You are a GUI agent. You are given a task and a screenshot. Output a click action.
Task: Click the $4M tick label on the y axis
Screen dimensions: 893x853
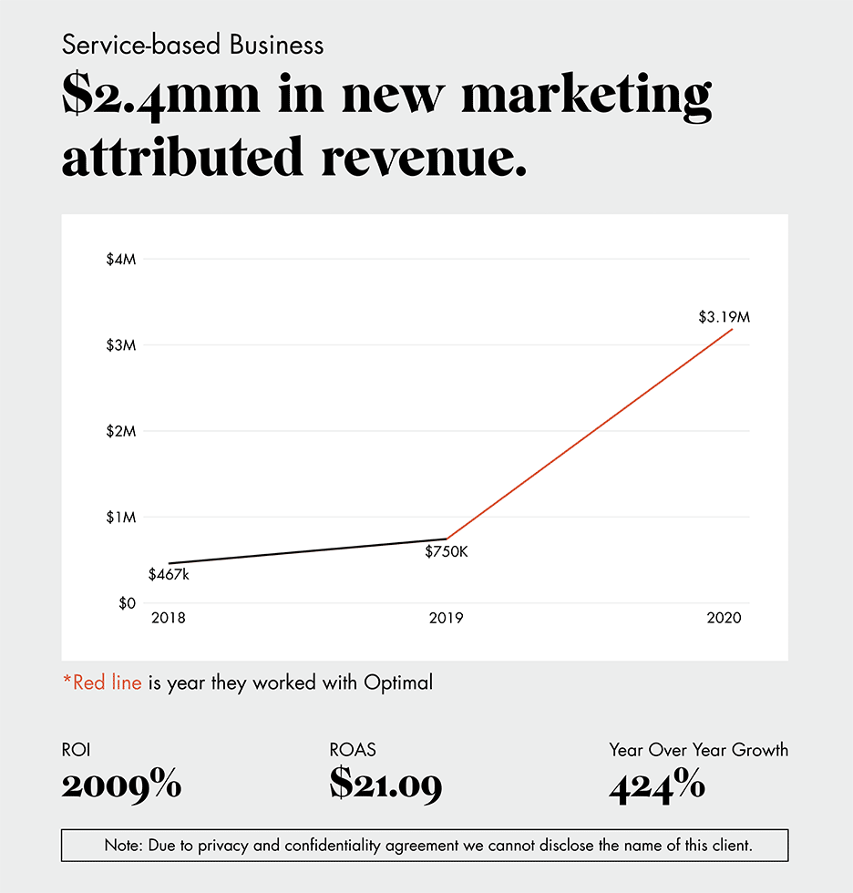coord(121,260)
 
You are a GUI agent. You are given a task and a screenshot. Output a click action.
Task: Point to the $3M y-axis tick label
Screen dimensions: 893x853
coord(121,345)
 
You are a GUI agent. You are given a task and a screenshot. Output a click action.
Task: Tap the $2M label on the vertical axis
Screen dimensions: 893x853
coord(121,431)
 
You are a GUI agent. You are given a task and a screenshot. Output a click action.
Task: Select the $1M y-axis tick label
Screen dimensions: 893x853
coord(121,518)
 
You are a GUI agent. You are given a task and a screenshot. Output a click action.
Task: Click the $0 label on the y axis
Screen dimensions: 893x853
coord(126,603)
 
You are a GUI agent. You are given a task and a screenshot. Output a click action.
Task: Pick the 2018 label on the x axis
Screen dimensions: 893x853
coord(169,619)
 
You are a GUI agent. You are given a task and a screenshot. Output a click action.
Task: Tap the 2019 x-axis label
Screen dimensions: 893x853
coord(446,619)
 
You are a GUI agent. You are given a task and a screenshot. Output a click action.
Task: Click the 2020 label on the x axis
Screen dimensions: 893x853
coord(724,619)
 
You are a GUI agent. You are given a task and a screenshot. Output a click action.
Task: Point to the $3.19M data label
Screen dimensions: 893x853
coord(724,318)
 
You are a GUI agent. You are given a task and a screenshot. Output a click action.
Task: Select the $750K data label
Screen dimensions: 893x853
coord(446,551)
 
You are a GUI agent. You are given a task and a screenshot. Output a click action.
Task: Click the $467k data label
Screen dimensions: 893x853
coord(169,575)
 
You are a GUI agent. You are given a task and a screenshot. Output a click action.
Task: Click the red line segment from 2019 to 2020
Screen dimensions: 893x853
coord(589,434)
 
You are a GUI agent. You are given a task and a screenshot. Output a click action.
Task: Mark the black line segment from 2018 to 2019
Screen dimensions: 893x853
coord(307,551)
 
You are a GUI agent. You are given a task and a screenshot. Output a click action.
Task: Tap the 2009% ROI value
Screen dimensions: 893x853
coord(121,785)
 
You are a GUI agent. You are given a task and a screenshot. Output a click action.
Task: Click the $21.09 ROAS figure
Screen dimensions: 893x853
coord(385,785)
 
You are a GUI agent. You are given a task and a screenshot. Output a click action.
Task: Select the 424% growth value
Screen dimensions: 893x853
coord(656,785)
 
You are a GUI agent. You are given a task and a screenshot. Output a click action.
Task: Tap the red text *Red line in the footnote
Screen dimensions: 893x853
coord(102,683)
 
